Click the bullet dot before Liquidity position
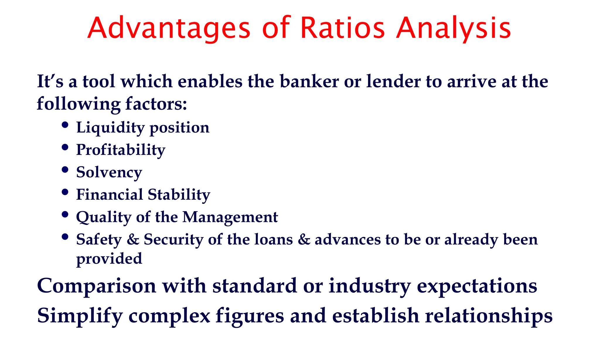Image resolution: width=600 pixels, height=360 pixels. pos(65,125)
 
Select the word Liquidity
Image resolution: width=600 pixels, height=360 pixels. pos(110,128)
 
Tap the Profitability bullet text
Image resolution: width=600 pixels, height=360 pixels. pos(121,150)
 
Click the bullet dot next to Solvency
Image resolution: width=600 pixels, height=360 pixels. pos(65,170)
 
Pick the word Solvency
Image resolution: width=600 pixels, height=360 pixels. pos(109,172)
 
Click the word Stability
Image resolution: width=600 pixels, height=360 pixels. pos(179,194)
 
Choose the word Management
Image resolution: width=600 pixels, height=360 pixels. pos(230,217)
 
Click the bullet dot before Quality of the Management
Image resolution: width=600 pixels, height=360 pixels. pos(65,215)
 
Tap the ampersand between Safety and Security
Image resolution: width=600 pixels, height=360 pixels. pos(133,240)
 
